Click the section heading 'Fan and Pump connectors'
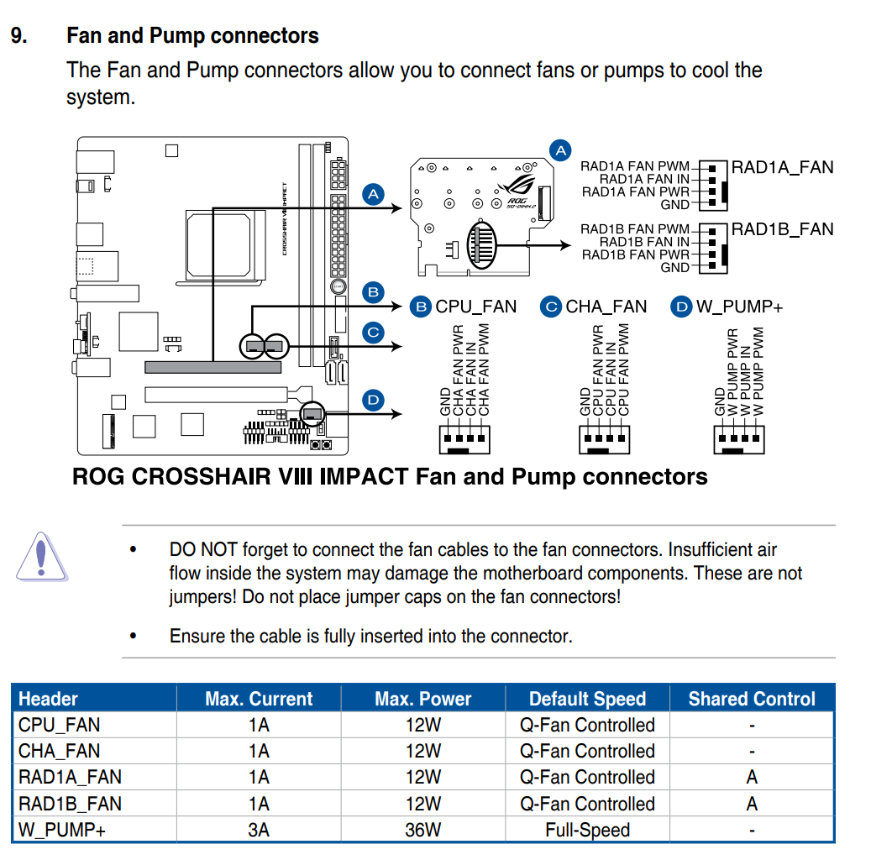click(192, 36)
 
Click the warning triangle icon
click(40, 556)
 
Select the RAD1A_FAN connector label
click(782, 166)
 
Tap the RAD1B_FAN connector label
click(782, 229)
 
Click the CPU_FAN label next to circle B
click(475, 307)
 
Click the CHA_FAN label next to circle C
click(606, 307)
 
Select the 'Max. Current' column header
click(259, 699)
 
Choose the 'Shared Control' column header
click(752, 699)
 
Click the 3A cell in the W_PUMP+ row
click(259, 830)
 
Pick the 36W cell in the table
click(422, 830)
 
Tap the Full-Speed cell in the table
click(587, 830)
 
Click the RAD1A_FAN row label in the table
click(70, 778)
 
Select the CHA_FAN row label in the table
click(59, 751)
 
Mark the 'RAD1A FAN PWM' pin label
click(635, 166)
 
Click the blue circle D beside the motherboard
click(373, 400)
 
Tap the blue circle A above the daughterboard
click(560, 150)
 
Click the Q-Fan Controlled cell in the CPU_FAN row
click(587, 725)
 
